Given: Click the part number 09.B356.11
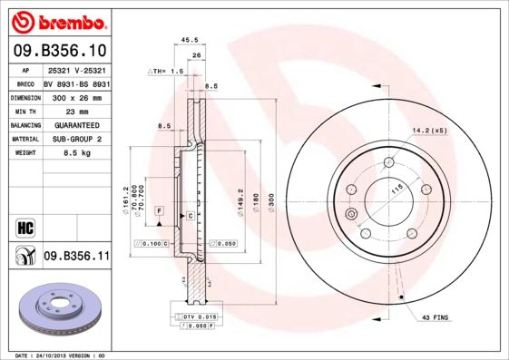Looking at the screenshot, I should (75, 258).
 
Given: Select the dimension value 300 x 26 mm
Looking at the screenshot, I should (76, 96).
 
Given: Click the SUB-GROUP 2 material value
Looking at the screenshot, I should (75, 140).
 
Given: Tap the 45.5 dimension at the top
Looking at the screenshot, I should (191, 40).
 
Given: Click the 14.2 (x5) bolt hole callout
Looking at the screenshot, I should (428, 131).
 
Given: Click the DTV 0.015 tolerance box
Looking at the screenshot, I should (196, 315).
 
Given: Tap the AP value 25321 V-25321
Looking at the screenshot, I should (77, 69).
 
